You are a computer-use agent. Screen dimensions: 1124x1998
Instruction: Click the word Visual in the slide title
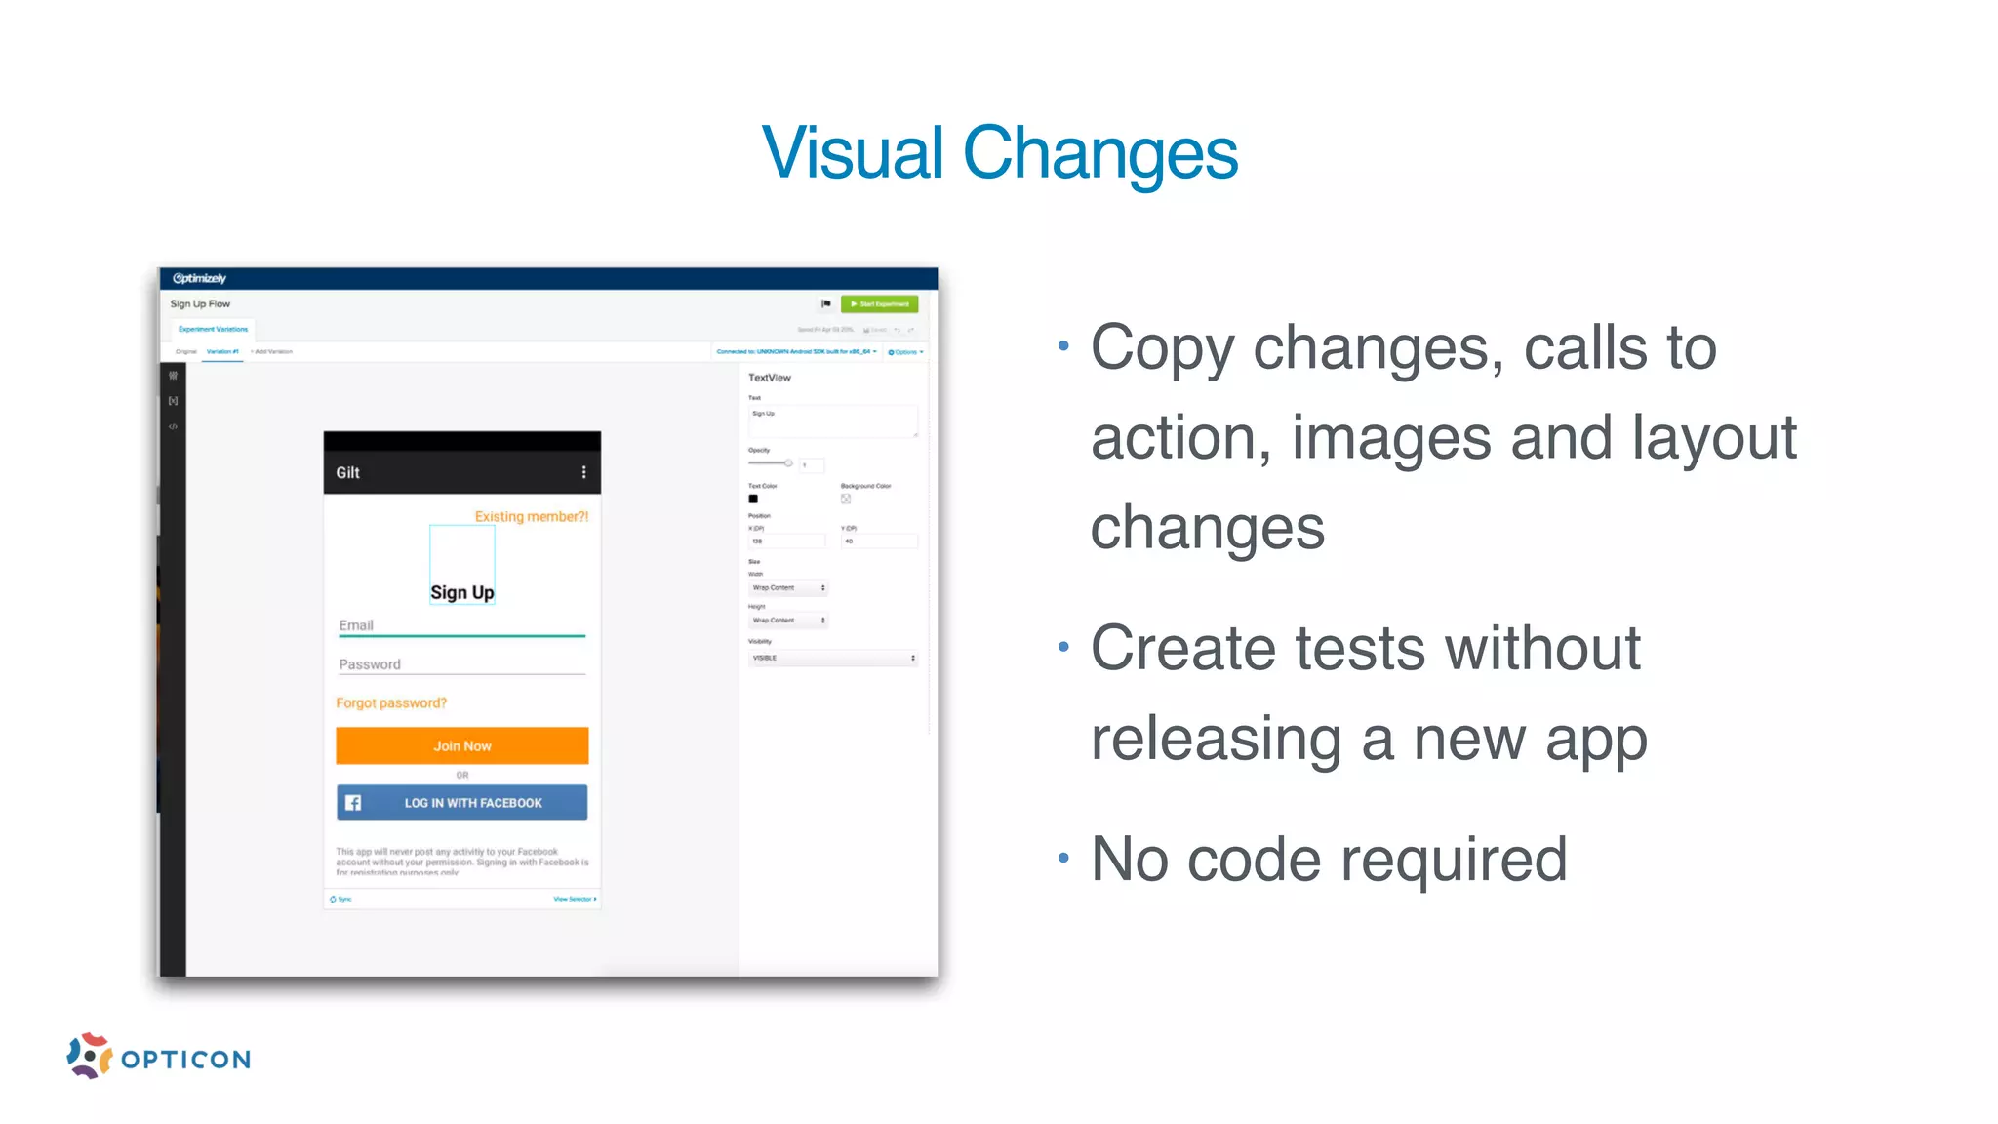click(853, 153)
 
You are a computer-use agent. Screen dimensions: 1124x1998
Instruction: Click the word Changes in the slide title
click(1099, 153)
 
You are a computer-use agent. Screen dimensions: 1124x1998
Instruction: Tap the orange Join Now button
click(462, 745)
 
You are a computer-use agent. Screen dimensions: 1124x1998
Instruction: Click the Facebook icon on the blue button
click(353, 803)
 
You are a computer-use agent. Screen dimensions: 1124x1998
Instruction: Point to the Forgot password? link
click(391, 702)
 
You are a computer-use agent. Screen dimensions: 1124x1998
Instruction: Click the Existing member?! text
click(532, 516)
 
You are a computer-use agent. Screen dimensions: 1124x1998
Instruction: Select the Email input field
click(461, 625)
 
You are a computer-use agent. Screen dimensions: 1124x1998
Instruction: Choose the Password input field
click(461, 664)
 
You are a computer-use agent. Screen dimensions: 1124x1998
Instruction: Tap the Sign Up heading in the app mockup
click(462, 592)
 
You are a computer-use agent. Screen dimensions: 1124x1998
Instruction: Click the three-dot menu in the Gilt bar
click(584, 472)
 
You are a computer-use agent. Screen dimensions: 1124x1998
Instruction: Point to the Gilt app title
click(348, 472)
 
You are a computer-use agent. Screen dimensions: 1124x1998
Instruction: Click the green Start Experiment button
click(879, 304)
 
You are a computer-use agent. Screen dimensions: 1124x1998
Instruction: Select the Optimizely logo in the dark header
click(199, 278)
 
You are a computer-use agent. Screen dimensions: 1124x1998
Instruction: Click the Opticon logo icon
click(89, 1056)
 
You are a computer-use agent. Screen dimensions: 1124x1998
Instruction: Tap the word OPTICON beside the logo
click(186, 1060)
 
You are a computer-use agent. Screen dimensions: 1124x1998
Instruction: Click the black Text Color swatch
click(753, 499)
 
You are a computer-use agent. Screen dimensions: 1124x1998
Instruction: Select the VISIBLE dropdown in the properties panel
click(833, 658)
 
